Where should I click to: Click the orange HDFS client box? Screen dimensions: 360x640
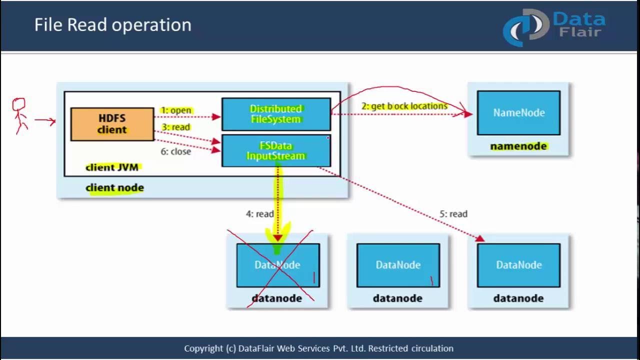pyautogui.click(x=112, y=124)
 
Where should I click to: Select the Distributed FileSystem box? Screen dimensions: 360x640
pyautogui.click(x=275, y=114)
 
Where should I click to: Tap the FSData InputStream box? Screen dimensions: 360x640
pyautogui.click(x=275, y=150)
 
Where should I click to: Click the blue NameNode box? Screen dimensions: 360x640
pyautogui.click(x=518, y=112)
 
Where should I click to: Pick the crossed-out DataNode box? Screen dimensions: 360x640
pyautogui.click(x=277, y=265)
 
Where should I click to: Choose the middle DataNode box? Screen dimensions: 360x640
pyautogui.click(x=398, y=265)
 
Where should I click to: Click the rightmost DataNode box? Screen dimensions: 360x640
pyautogui.click(x=518, y=265)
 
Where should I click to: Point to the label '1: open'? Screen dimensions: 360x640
pyautogui.click(x=176, y=110)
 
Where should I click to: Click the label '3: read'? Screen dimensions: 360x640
pyautogui.click(x=175, y=127)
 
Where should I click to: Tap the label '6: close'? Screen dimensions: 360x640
pyautogui.click(x=175, y=151)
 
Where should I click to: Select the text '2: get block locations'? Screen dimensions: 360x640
pyautogui.click(x=404, y=106)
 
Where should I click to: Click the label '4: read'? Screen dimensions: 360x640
pyautogui.click(x=259, y=214)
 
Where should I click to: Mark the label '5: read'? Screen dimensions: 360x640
pyautogui.click(x=453, y=214)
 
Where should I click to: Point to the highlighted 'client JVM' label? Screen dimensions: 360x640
pyautogui.click(x=111, y=167)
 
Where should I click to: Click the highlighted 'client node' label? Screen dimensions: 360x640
pyautogui.click(x=114, y=188)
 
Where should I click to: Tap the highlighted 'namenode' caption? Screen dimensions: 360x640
pyautogui.click(x=518, y=146)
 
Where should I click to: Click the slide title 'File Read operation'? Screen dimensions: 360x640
pyautogui.click(x=112, y=25)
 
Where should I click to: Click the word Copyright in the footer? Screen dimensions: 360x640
pyautogui.click(x=203, y=348)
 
